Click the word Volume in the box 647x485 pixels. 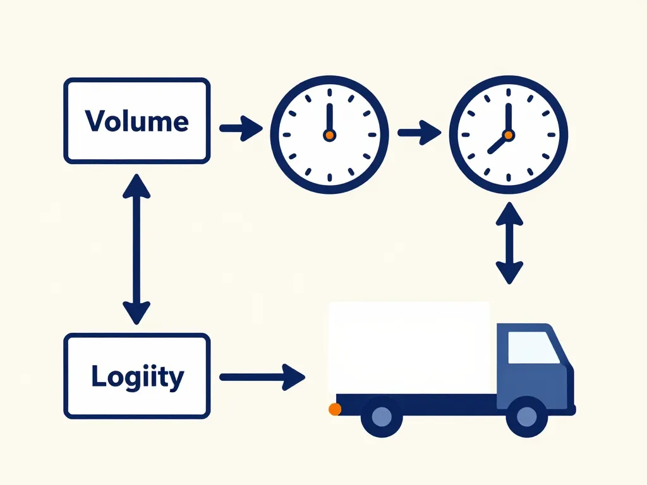pyautogui.click(x=136, y=121)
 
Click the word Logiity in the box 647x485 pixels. pyautogui.click(x=137, y=376)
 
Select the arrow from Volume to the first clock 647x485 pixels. pyautogui.click(x=241, y=128)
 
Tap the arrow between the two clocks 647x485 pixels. pyautogui.click(x=419, y=133)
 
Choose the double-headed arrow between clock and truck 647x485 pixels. pyautogui.click(x=509, y=244)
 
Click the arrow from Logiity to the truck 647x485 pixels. pyautogui.click(x=262, y=377)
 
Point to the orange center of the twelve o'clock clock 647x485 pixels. pyautogui.click(x=329, y=135)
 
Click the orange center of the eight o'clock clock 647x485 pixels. pyautogui.click(x=508, y=135)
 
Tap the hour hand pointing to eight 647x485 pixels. pyautogui.click(x=497, y=145)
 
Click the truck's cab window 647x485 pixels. pyautogui.click(x=533, y=348)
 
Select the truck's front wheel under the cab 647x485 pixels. pyautogui.click(x=526, y=417)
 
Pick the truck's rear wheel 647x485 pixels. pyautogui.click(x=381, y=417)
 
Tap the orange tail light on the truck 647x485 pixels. pyautogui.click(x=335, y=409)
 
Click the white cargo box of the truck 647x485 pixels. pyautogui.click(x=409, y=347)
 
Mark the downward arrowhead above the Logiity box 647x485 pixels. pyautogui.click(x=136, y=312)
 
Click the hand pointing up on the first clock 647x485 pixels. pyautogui.click(x=329, y=117)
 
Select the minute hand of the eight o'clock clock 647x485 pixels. pyautogui.click(x=508, y=117)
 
